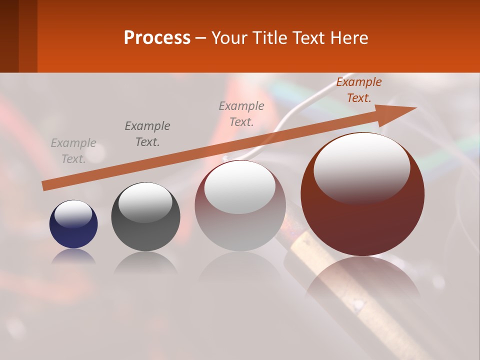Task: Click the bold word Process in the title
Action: point(157,38)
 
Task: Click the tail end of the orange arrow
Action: point(45,185)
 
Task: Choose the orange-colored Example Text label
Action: point(358,90)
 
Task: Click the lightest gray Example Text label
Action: point(73,151)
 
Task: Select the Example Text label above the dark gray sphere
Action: point(147,133)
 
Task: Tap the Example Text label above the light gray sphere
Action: point(241,113)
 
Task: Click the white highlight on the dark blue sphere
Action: point(73,214)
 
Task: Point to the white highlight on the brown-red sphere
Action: point(361,167)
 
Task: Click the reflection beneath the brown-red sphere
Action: point(362,280)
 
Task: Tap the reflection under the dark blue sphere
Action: point(73,256)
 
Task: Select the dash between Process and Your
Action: point(201,38)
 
